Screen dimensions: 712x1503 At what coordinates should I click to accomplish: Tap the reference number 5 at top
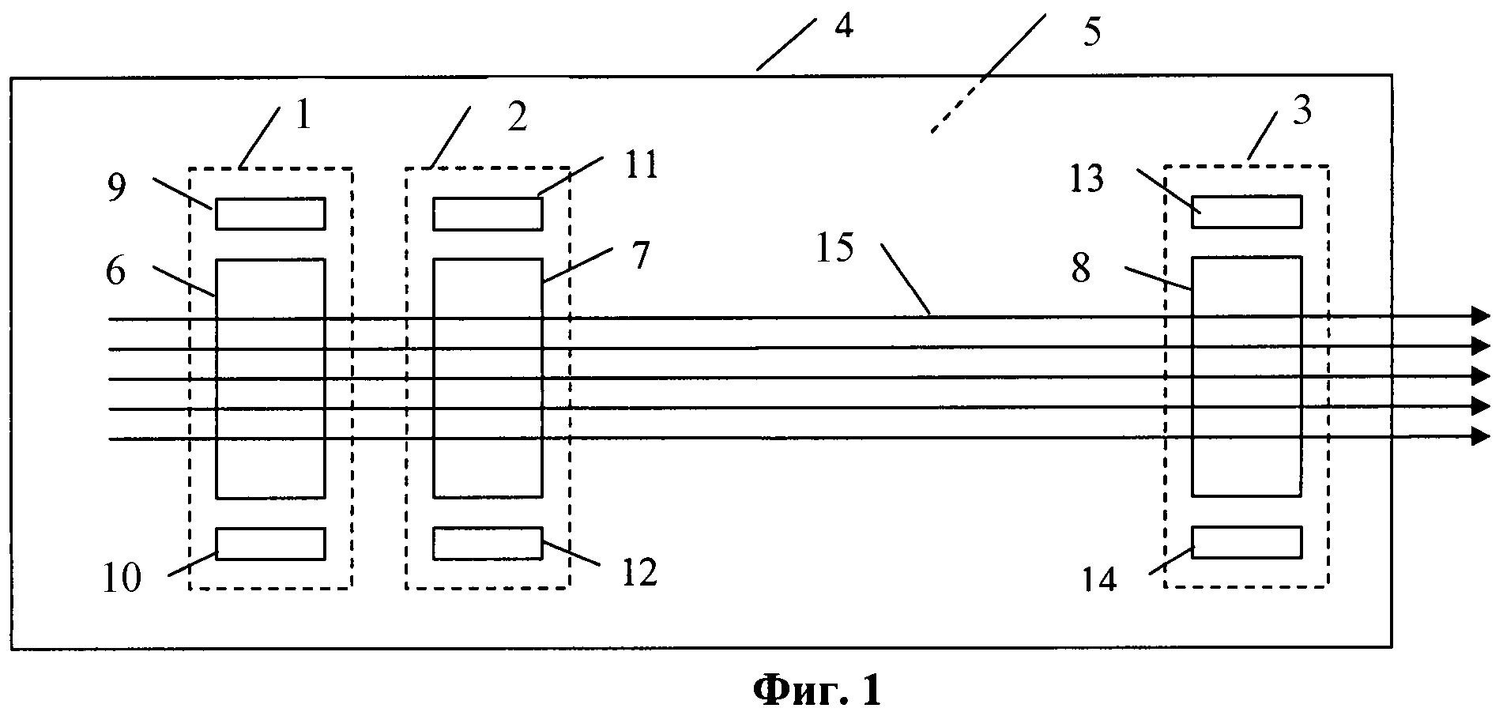(x=1091, y=34)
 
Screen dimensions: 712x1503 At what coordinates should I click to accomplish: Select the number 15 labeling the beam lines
(x=834, y=248)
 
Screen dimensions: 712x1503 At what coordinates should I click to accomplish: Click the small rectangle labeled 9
(x=270, y=213)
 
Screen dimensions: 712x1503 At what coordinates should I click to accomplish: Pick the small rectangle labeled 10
(x=270, y=544)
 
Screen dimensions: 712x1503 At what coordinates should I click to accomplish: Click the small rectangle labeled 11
(x=488, y=213)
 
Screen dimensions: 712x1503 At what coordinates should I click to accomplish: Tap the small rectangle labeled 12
(x=488, y=542)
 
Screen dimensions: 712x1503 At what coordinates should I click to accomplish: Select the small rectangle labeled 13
(x=1246, y=212)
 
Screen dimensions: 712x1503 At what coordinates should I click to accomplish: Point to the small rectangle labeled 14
(x=1246, y=542)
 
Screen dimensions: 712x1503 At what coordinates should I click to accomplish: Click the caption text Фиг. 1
(x=816, y=690)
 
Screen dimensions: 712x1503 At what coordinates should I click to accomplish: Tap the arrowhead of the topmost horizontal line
(x=1479, y=315)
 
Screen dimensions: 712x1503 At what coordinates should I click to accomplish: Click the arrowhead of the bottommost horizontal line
(x=1479, y=435)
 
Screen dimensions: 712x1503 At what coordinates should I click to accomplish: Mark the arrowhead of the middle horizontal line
(x=1479, y=375)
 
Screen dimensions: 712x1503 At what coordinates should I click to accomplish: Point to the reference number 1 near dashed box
(x=303, y=115)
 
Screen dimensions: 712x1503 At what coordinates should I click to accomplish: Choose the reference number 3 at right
(x=1301, y=111)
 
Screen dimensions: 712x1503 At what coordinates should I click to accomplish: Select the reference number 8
(x=1080, y=269)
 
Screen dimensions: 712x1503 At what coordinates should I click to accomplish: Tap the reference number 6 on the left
(x=115, y=272)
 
